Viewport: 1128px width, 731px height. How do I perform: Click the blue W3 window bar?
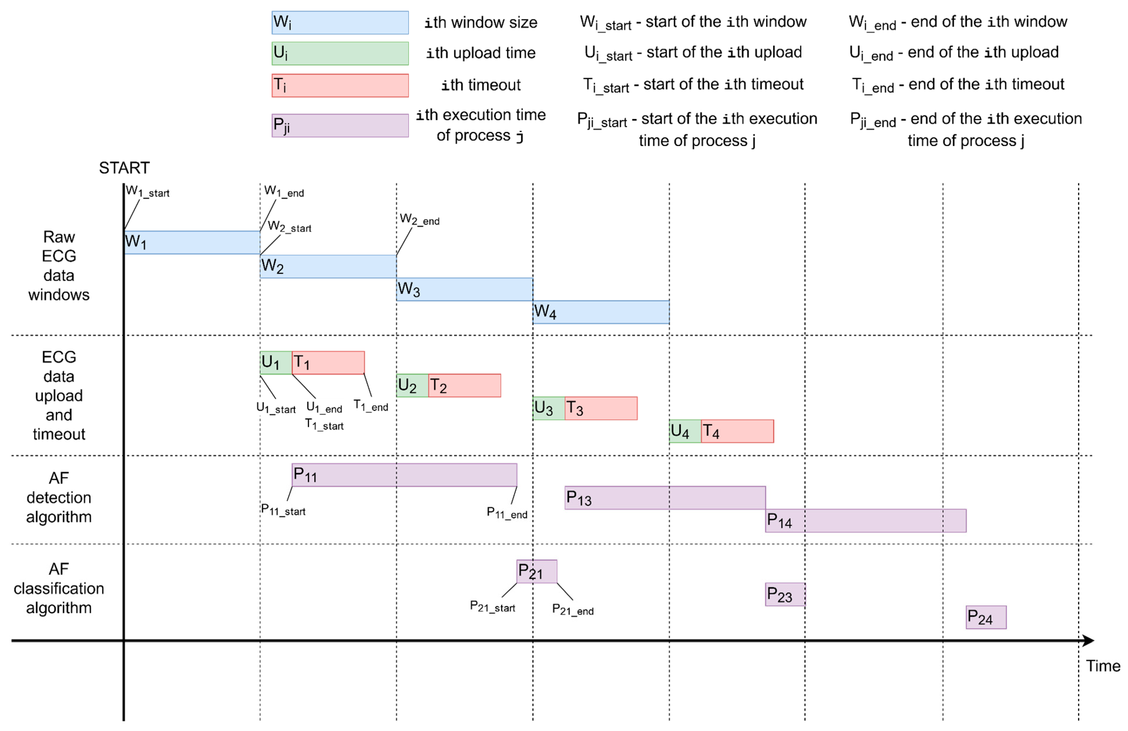point(464,289)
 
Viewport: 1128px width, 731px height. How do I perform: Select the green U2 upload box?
point(412,385)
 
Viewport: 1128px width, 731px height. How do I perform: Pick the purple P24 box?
point(986,617)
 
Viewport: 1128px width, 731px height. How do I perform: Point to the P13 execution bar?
point(664,498)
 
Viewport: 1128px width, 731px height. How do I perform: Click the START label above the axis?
point(124,168)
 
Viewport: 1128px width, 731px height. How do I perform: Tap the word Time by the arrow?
point(1103,666)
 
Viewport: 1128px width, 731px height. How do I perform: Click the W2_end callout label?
point(419,220)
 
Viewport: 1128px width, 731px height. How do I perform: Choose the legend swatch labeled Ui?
point(340,53)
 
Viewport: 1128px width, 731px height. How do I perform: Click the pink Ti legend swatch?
point(340,85)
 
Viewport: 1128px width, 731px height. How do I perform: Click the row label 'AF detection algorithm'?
point(59,497)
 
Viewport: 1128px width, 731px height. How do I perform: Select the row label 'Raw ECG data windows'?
point(59,266)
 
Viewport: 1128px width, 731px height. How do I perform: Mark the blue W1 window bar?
point(192,242)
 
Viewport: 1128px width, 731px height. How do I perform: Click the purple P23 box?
point(785,594)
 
